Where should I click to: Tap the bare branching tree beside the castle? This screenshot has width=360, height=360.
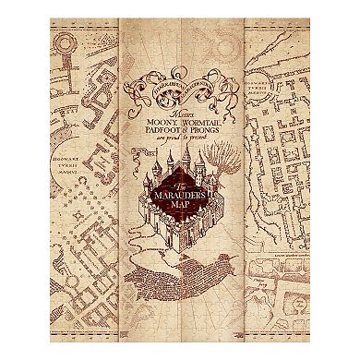pyautogui.click(x=222, y=173)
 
